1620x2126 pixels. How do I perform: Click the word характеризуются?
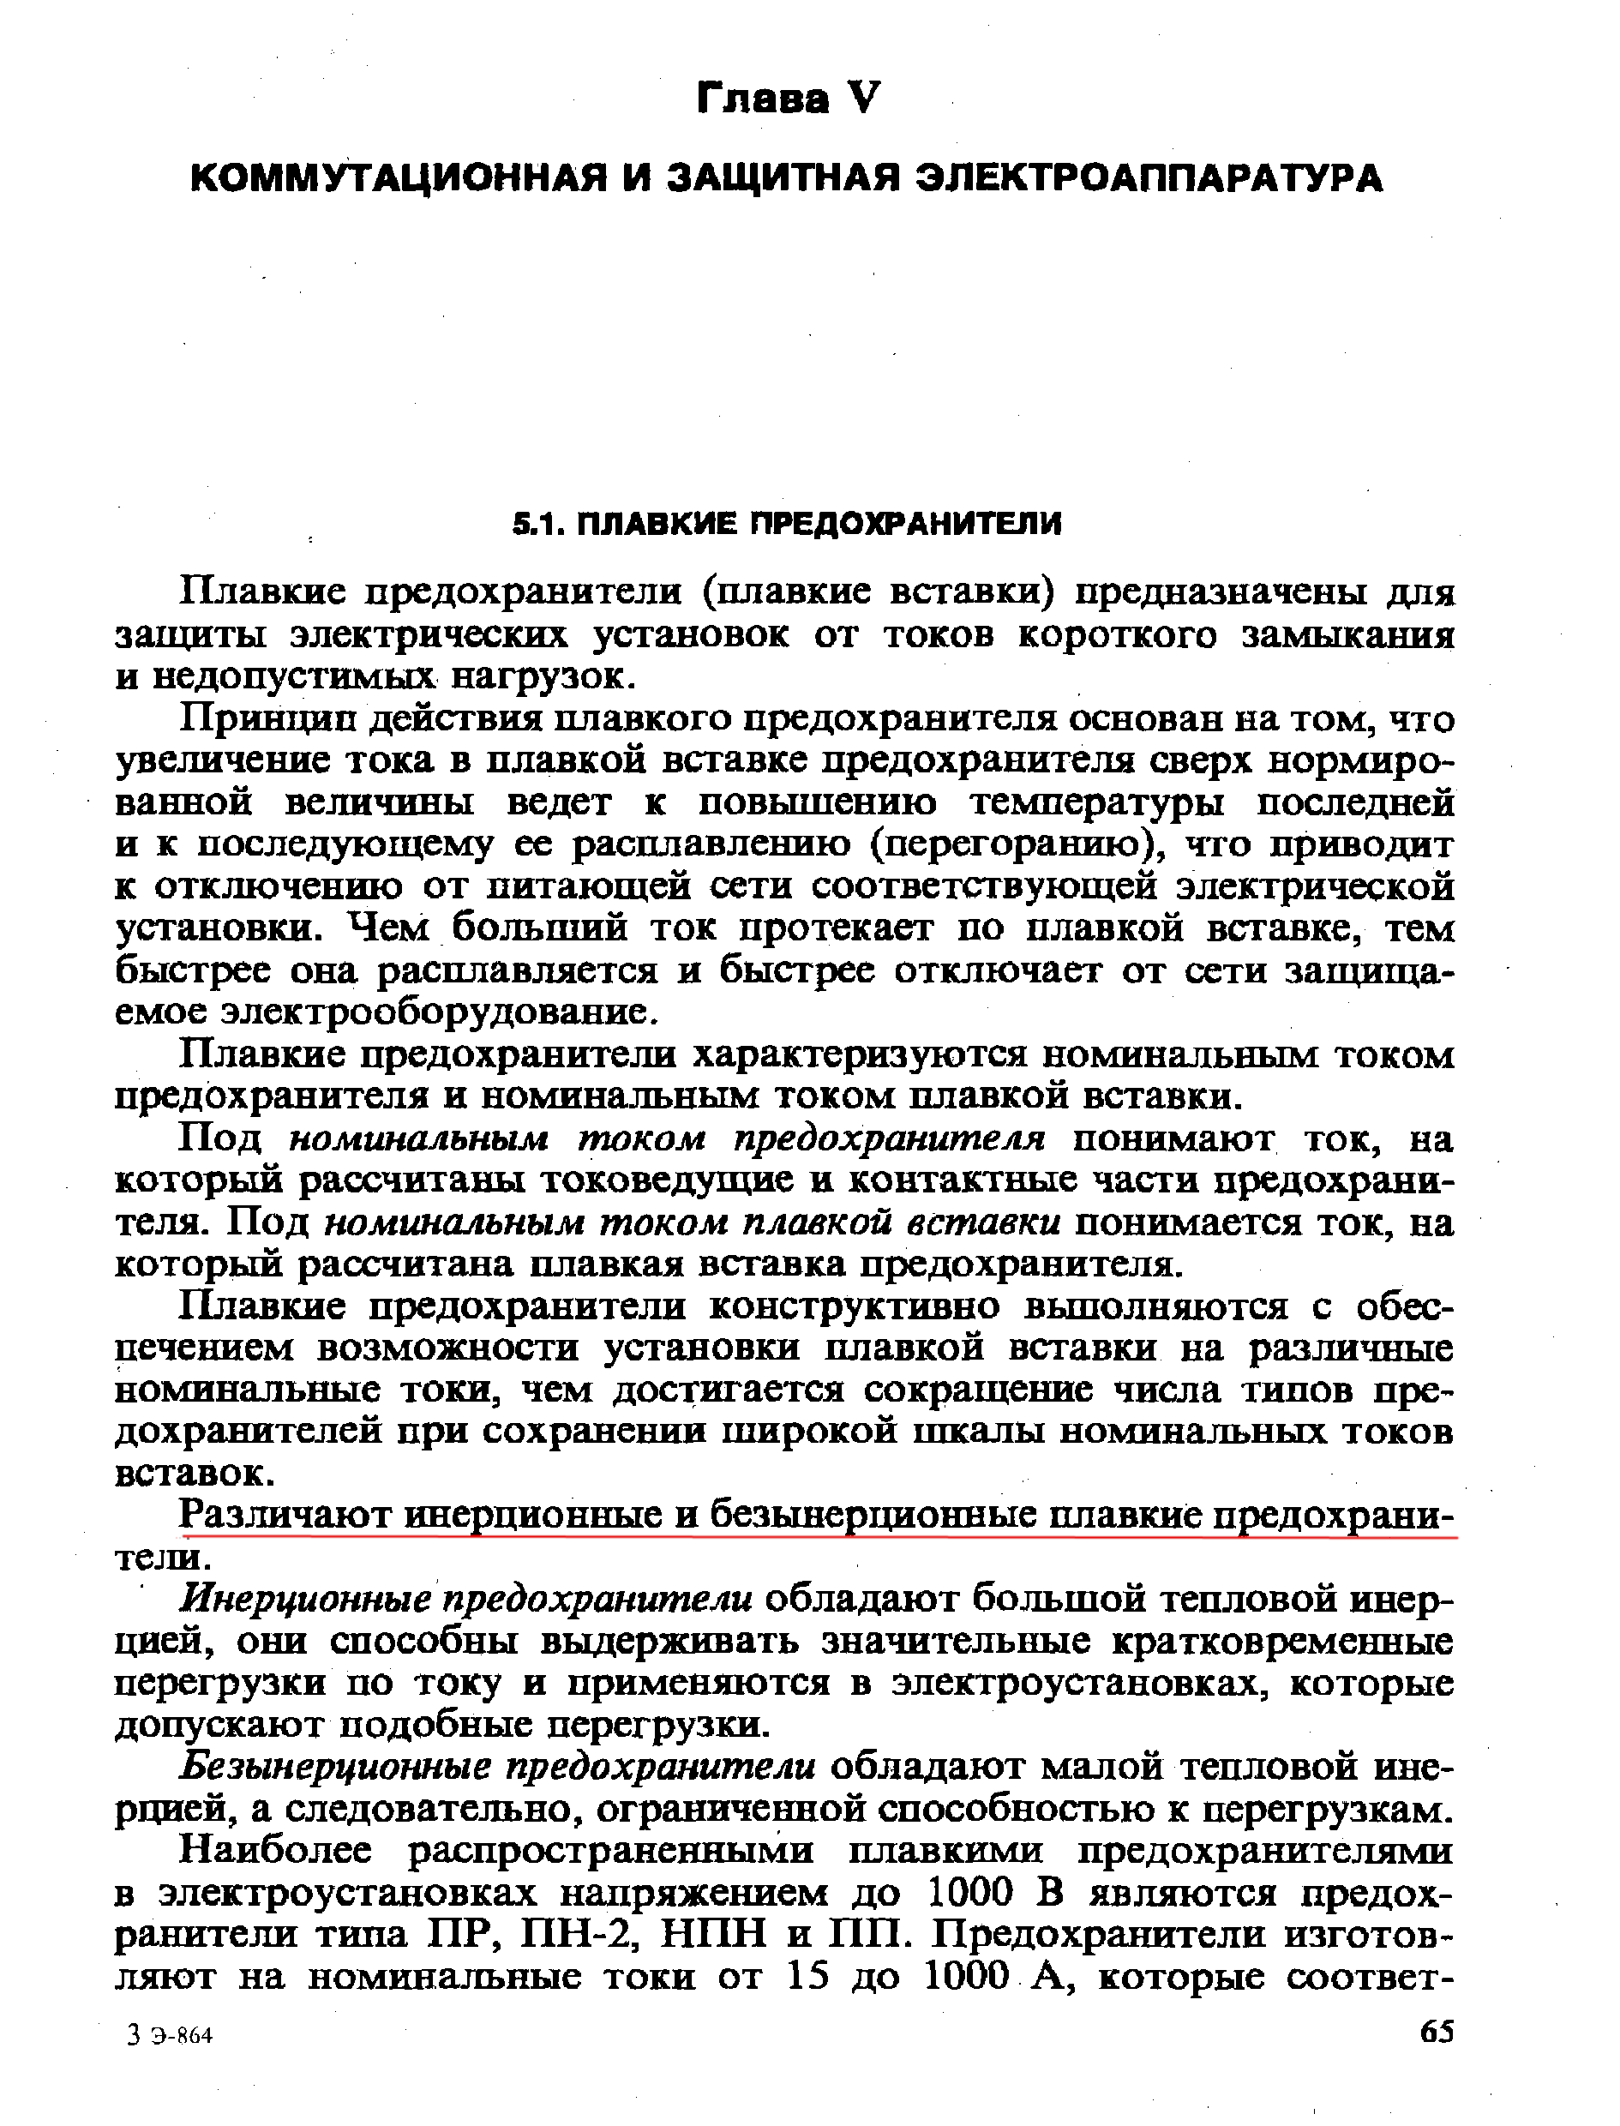pyautogui.click(x=863, y=1056)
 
